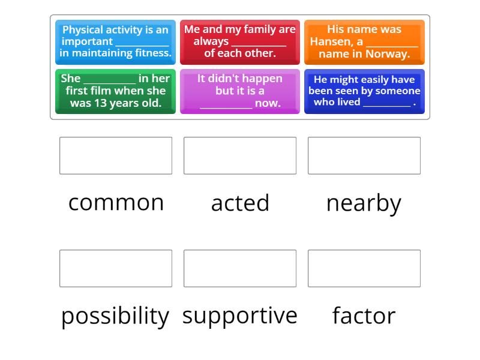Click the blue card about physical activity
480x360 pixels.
115,42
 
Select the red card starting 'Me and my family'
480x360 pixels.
239,42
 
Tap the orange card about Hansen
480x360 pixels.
364,42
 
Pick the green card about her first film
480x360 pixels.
115,91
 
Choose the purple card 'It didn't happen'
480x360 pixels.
239,91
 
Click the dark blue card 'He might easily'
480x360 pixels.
364,91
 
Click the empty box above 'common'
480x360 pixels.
116,155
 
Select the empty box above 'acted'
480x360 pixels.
240,155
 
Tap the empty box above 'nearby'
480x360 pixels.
364,155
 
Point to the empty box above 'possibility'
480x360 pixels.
116,268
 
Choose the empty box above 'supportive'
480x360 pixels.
240,268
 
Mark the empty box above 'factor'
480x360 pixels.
364,268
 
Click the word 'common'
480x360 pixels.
116,203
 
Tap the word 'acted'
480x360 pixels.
240,203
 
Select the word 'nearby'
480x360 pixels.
364,203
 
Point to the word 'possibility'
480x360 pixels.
115,316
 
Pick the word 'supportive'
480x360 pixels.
240,316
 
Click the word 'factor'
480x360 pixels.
364,316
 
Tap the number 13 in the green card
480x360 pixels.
100,103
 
